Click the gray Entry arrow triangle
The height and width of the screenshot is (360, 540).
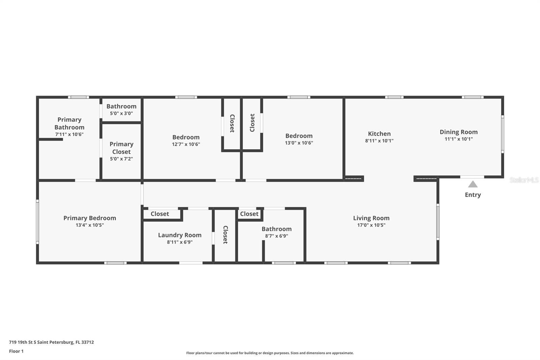pyautogui.click(x=473, y=184)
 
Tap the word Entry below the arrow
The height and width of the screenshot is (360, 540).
pyautogui.click(x=473, y=195)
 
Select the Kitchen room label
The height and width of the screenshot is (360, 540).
pyautogui.click(x=379, y=134)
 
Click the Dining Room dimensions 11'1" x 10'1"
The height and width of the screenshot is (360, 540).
pyautogui.click(x=459, y=139)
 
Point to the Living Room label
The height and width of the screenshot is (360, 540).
pyautogui.click(x=371, y=218)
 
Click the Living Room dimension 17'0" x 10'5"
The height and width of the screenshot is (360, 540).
pyautogui.click(x=371, y=225)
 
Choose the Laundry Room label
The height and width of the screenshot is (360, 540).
pyautogui.click(x=180, y=235)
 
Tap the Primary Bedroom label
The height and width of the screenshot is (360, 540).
pyautogui.click(x=90, y=218)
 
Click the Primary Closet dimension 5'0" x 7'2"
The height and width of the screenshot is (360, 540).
pyautogui.click(x=121, y=159)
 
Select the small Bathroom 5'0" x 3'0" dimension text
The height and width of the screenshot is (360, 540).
pyautogui.click(x=121, y=113)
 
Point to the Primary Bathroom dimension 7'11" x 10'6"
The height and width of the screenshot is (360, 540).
pyautogui.click(x=69, y=134)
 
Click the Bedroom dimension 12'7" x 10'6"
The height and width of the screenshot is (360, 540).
pyautogui.click(x=186, y=144)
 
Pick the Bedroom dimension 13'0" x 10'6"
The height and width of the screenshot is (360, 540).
pyautogui.click(x=299, y=143)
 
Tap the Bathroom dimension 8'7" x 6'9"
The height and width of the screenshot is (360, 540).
pyautogui.click(x=276, y=236)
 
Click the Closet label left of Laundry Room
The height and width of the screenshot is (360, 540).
pyautogui.click(x=160, y=214)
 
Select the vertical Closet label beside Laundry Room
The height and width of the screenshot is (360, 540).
pyautogui.click(x=225, y=235)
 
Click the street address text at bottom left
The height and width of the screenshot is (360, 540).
pyautogui.click(x=51, y=342)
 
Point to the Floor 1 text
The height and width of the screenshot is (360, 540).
pyautogui.click(x=16, y=351)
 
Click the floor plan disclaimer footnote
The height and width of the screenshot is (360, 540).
pyautogui.click(x=270, y=353)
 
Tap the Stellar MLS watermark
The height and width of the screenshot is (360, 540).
pyautogui.click(x=524, y=180)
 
